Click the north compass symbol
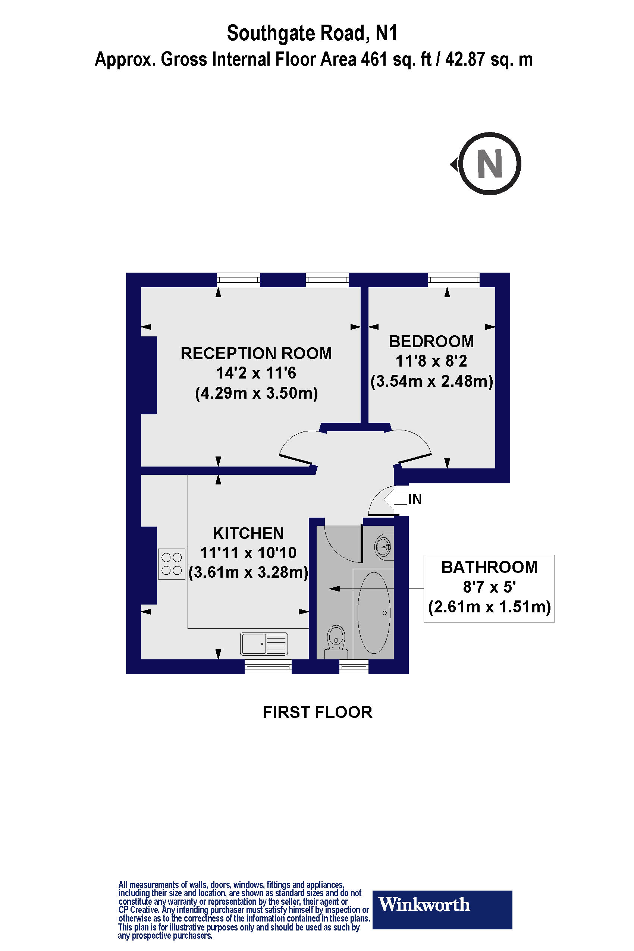click(x=490, y=164)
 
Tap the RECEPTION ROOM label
click(x=256, y=354)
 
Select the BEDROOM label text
click(x=431, y=341)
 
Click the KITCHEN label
click(x=248, y=533)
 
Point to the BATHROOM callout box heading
click(x=489, y=567)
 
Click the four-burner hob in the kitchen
click(x=172, y=564)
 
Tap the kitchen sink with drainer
click(x=264, y=644)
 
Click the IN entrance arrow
click(x=395, y=499)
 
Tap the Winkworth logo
click(x=442, y=904)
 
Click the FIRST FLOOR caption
click(x=317, y=712)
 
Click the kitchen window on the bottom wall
click(x=268, y=666)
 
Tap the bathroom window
click(x=354, y=666)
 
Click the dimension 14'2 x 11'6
click(x=256, y=373)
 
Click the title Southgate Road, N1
click(x=312, y=33)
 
